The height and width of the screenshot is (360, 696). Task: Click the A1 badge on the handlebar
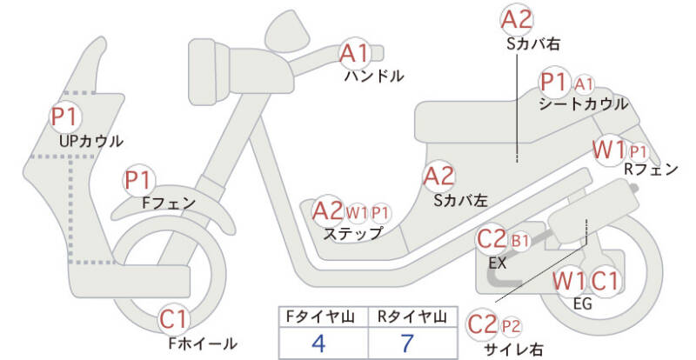pyautogui.click(x=355, y=54)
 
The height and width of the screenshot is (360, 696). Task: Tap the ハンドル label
pyautogui.click(x=374, y=77)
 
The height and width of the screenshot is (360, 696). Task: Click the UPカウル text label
pyautogui.click(x=90, y=141)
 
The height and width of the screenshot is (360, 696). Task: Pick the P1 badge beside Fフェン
pyautogui.click(x=139, y=181)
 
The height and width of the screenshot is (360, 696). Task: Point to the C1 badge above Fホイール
pyautogui.click(x=174, y=319)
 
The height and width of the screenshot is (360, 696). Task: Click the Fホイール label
pyautogui.click(x=203, y=343)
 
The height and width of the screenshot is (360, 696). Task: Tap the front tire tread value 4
pyautogui.click(x=318, y=343)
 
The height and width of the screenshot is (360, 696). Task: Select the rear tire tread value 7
pyautogui.click(x=406, y=343)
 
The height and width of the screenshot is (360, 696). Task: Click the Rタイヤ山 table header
pyautogui.click(x=412, y=317)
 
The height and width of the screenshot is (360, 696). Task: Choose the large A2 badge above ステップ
pyautogui.click(x=328, y=210)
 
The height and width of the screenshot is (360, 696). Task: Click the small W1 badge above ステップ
pyautogui.click(x=357, y=214)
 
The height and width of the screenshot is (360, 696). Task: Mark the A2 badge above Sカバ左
pyautogui.click(x=439, y=176)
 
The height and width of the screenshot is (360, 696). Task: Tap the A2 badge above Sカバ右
pyautogui.click(x=517, y=20)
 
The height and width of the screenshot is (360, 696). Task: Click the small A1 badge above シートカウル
pyautogui.click(x=583, y=83)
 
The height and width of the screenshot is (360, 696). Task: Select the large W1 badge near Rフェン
pyautogui.click(x=609, y=150)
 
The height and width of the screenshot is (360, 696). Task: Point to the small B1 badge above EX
pyautogui.click(x=520, y=241)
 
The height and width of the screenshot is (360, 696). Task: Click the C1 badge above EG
pyautogui.click(x=605, y=281)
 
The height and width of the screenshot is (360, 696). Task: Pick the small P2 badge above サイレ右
pyautogui.click(x=511, y=327)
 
